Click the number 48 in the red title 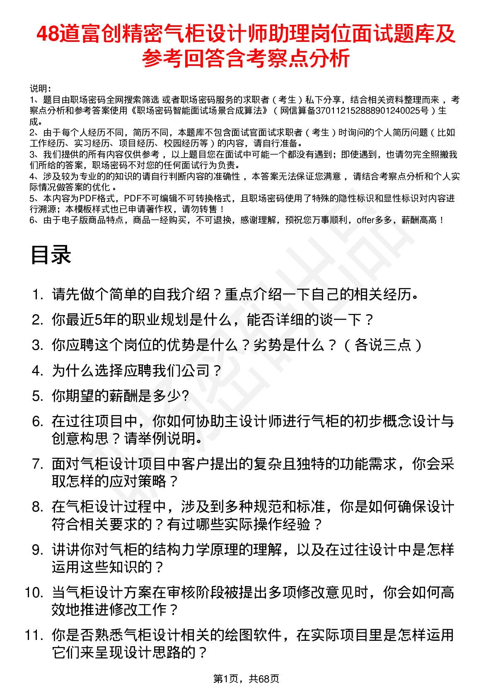(48, 34)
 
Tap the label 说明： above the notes (40, 89)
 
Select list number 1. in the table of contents (38, 295)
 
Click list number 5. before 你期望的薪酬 (38, 396)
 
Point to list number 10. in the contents (34, 592)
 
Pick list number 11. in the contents (34, 635)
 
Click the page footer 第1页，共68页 (246, 679)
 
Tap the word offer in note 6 (365, 220)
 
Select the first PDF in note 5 (88, 199)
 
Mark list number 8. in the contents (38, 507)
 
